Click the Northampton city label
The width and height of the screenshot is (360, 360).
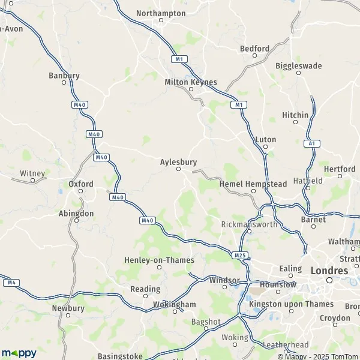(x=161, y=13)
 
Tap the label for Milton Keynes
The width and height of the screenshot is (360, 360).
(x=191, y=82)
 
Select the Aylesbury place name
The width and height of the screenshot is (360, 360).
(x=178, y=161)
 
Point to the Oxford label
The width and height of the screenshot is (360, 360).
(x=80, y=184)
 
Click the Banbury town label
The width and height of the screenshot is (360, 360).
(x=64, y=76)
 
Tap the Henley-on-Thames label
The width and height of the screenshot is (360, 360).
(x=159, y=260)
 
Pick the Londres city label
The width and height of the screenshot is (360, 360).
(x=329, y=271)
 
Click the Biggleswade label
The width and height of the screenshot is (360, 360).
(x=299, y=65)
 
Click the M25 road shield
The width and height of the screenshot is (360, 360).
(x=240, y=256)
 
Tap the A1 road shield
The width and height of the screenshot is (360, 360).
(x=310, y=143)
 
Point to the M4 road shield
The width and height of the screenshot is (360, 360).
(x=9, y=282)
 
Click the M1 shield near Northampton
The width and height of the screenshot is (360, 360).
(x=179, y=59)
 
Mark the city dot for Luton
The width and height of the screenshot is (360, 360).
(x=265, y=147)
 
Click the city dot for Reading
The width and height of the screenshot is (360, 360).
(x=145, y=296)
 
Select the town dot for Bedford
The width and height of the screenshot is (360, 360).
(x=254, y=56)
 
